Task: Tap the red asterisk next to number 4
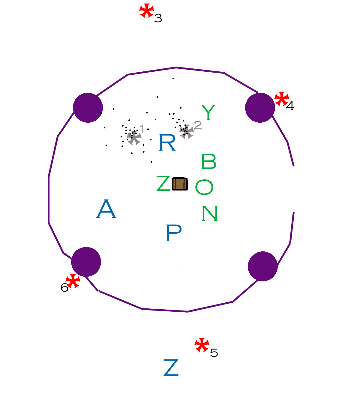click(x=282, y=99)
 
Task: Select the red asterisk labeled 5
click(x=202, y=345)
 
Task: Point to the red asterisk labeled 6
click(x=73, y=281)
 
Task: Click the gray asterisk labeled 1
click(x=134, y=137)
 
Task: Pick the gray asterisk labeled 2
click(x=187, y=131)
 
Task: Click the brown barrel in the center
click(x=180, y=184)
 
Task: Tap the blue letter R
click(x=167, y=142)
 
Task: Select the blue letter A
click(x=106, y=208)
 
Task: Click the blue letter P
click(x=174, y=233)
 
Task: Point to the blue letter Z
click(x=171, y=367)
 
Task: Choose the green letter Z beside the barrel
click(x=163, y=183)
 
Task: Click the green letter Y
click(x=208, y=112)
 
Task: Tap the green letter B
click(x=209, y=161)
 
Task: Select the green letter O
click(x=204, y=187)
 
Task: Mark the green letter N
click(x=210, y=213)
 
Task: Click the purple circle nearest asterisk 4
click(x=260, y=107)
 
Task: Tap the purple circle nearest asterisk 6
click(x=86, y=262)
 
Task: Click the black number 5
click(x=214, y=353)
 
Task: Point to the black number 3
click(x=158, y=18)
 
